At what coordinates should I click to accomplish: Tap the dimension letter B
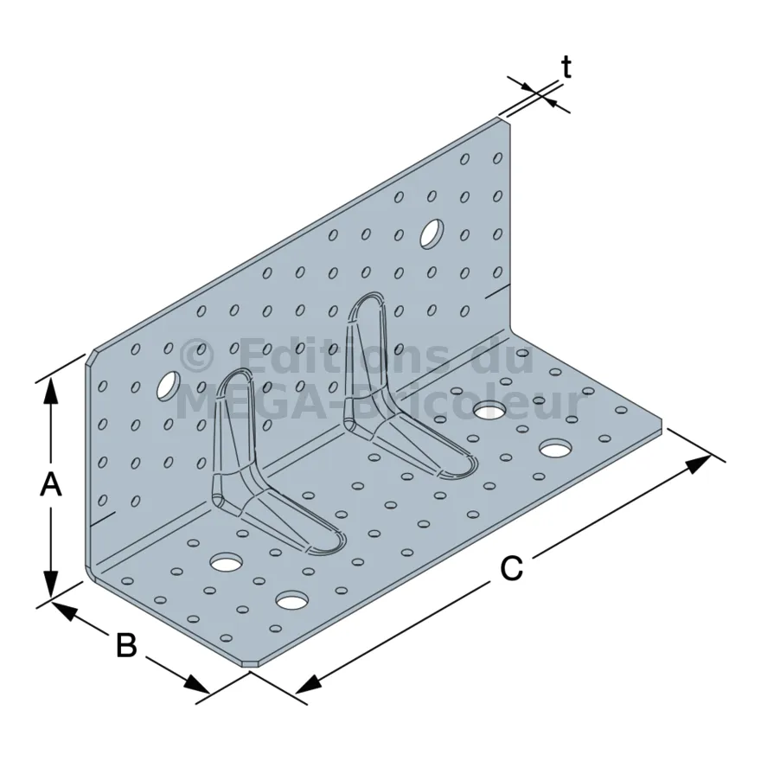(x=126, y=645)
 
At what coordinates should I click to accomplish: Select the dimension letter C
(x=512, y=568)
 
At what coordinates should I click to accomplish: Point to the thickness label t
(x=566, y=67)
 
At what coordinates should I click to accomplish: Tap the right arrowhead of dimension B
(x=197, y=684)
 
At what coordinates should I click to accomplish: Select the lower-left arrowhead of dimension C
(x=308, y=683)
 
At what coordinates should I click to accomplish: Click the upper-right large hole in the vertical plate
(x=432, y=234)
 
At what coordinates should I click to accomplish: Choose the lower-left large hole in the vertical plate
(x=169, y=386)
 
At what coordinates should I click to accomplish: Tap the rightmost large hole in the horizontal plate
(x=554, y=448)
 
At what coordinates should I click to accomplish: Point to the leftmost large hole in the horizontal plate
(x=227, y=562)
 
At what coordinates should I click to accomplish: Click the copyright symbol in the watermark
(x=196, y=356)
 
